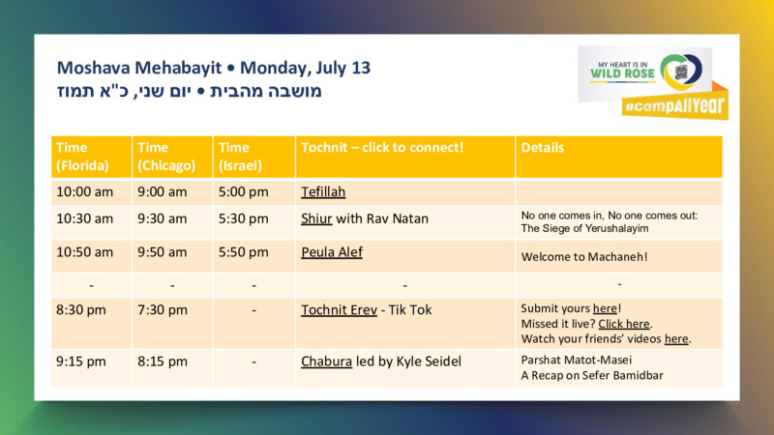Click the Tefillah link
pyautogui.click(x=323, y=191)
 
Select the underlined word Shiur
pyautogui.click(x=316, y=218)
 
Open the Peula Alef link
pyautogui.click(x=332, y=252)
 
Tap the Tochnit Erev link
pyautogui.click(x=340, y=309)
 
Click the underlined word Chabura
pyautogui.click(x=327, y=362)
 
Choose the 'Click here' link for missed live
pyautogui.click(x=624, y=324)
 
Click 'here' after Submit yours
pyautogui.click(x=606, y=308)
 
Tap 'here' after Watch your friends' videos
pyautogui.click(x=676, y=339)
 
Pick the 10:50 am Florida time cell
pyautogui.click(x=84, y=252)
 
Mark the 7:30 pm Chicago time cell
pyautogui.click(x=163, y=309)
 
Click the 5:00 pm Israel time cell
pyautogui.click(x=244, y=191)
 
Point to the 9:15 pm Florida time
pyautogui.click(x=81, y=362)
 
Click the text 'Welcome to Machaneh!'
pyautogui.click(x=584, y=257)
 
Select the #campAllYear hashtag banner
pyautogui.click(x=674, y=105)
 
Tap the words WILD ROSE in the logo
pyautogui.click(x=622, y=73)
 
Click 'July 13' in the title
pyautogui.click(x=343, y=68)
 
